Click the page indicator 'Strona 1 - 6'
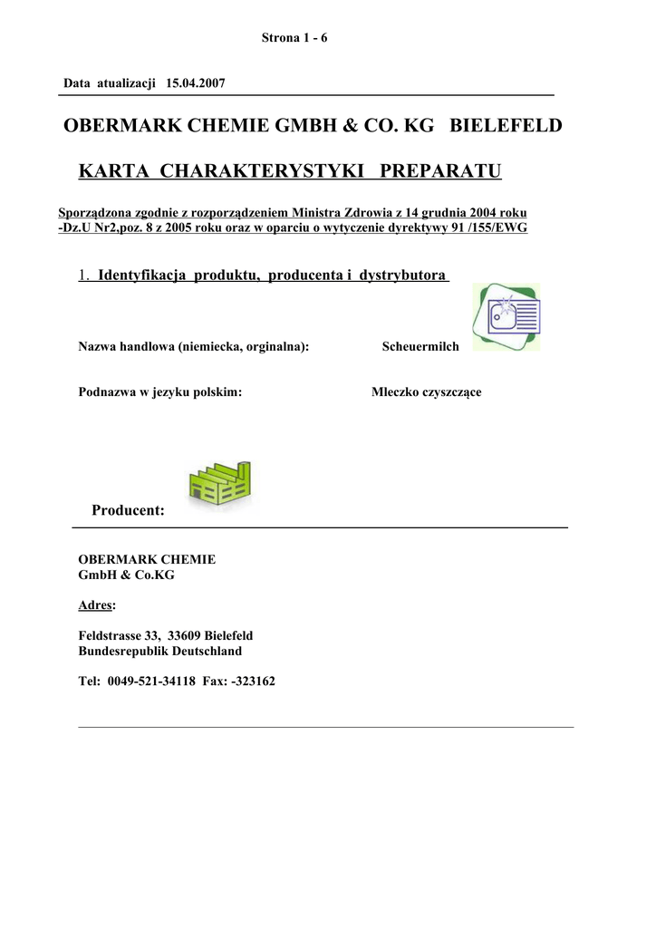(x=294, y=37)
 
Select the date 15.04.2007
(x=196, y=83)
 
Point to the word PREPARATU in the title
(x=440, y=171)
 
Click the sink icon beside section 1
(x=507, y=316)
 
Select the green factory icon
(x=219, y=481)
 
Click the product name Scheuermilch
(x=420, y=346)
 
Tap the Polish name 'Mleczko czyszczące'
(x=426, y=392)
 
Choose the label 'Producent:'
(x=128, y=511)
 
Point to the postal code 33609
(x=186, y=635)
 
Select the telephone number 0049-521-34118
(x=151, y=681)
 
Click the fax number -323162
(x=254, y=681)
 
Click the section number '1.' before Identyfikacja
(x=84, y=275)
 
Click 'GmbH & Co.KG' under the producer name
(x=127, y=575)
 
